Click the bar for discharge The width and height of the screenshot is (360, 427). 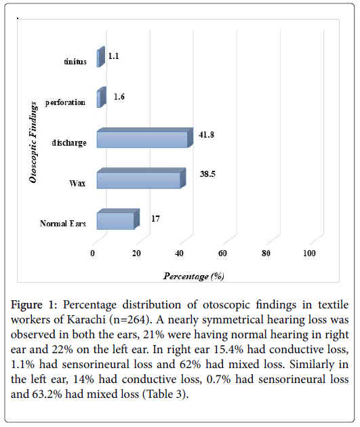pyautogui.click(x=145, y=138)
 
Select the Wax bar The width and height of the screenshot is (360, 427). pyautogui.click(x=141, y=178)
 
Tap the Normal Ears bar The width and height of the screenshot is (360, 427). pyautogui.click(x=118, y=219)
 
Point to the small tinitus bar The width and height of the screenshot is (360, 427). pyautogui.click(x=101, y=57)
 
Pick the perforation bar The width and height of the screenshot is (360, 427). pyautogui.click(x=102, y=97)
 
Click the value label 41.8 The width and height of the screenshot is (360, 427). pyautogui.click(x=206, y=134)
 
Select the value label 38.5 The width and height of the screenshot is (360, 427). pyautogui.click(x=207, y=174)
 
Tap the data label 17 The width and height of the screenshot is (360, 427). pyautogui.click(x=155, y=219)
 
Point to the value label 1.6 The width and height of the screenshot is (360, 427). pyautogui.click(x=119, y=97)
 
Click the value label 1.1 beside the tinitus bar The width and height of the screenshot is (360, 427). pyautogui.click(x=113, y=56)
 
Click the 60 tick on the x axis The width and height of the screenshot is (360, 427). pyautogui.click(x=222, y=253)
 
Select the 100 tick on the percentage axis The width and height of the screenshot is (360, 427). pyautogui.click(x=309, y=253)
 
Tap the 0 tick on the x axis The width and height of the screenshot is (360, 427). pyautogui.click(x=93, y=253)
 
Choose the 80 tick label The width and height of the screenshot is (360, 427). pyautogui.click(x=266, y=253)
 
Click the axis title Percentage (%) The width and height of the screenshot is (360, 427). pyautogui.click(x=194, y=276)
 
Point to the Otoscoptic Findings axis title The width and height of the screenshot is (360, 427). pyautogui.click(x=33, y=142)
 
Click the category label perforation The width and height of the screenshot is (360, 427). pyautogui.click(x=65, y=102)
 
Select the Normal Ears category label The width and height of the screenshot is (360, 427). pyautogui.click(x=63, y=224)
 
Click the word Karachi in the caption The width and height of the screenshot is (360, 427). pyautogui.click(x=86, y=320)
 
